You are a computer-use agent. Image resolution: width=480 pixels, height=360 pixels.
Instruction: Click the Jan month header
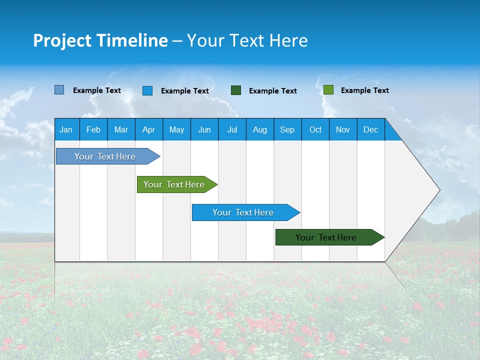tap(66, 129)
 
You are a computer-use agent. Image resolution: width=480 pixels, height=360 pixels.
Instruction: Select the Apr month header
tap(148, 129)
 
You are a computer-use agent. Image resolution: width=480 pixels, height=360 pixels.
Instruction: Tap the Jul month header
tap(232, 129)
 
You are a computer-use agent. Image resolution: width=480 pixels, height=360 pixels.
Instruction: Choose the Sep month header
tap(287, 129)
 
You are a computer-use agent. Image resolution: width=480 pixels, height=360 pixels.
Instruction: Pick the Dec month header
tap(370, 129)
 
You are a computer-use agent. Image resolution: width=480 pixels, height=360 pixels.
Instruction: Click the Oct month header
tap(315, 129)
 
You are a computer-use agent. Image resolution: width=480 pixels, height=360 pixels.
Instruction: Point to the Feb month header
tap(93, 129)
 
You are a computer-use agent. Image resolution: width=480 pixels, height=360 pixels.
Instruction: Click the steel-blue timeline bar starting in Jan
tap(105, 156)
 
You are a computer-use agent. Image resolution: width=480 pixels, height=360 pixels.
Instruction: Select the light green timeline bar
tap(174, 184)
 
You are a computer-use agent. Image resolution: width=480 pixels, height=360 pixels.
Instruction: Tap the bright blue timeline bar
tap(243, 212)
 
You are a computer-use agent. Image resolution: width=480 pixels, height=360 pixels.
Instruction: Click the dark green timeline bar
tap(326, 237)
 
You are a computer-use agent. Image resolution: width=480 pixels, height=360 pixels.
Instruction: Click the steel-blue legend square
tap(59, 90)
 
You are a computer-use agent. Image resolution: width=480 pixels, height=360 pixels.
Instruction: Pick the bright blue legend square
tap(147, 90)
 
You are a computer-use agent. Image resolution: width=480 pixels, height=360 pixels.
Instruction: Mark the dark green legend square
tap(236, 90)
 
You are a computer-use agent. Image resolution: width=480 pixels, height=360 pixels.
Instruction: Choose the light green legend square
tap(328, 90)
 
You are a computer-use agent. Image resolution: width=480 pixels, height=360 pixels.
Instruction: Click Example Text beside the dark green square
tap(272, 91)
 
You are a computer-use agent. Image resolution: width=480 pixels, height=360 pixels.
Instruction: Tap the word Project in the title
tap(62, 41)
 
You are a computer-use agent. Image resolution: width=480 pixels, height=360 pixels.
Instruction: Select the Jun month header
tap(204, 129)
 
